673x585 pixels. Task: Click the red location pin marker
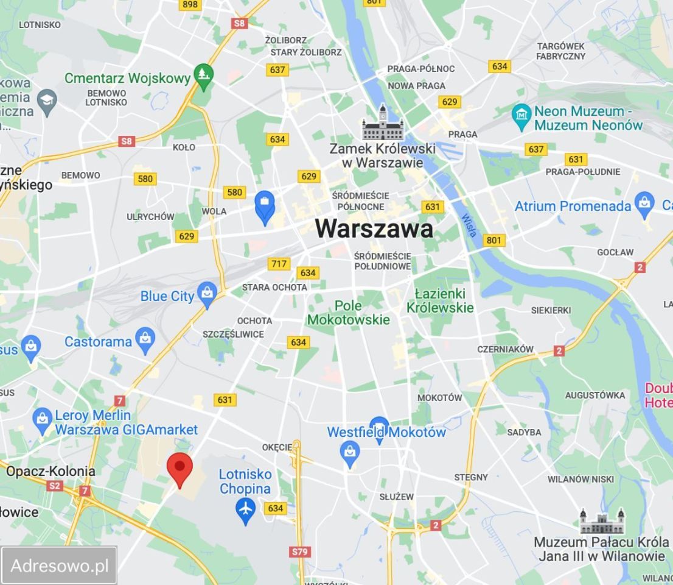point(180,469)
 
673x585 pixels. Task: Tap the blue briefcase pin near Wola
point(265,205)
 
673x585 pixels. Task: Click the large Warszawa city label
point(374,229)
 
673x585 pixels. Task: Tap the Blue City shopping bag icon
point(207,296)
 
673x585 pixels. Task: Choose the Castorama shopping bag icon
point(145,340)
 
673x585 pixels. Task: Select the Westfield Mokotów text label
point(386,433)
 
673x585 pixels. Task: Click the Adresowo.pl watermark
point(60,566)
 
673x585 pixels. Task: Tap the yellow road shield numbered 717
point(278,264)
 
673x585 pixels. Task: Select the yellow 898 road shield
point(190,5)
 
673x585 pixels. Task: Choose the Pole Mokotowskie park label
point(348,313)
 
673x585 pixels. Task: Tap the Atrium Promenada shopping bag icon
point(643,205)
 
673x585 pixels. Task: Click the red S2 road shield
point(55,486)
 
